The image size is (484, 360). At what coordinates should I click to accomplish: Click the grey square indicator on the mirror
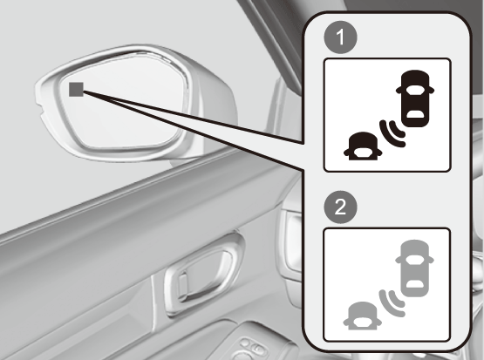(76, 90)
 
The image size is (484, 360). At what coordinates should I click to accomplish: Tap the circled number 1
(340, 37)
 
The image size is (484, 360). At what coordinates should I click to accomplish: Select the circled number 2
(340, 207)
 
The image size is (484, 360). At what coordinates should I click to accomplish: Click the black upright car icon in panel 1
(415, 98)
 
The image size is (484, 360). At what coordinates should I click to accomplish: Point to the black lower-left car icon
(363, 146)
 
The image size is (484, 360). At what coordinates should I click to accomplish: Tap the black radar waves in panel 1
(392, 133)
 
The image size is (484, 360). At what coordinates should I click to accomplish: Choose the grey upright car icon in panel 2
(414, 268)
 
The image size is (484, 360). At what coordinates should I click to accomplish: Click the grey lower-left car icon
(363, 316)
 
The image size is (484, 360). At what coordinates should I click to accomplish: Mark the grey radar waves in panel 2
(392, 303)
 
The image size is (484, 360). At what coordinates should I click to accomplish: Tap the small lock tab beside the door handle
(183, 283)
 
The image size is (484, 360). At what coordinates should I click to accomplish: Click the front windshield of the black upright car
(415, 90)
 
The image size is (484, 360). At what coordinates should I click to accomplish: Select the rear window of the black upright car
(415, 115)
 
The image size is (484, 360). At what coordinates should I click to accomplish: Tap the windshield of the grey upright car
(414, 260)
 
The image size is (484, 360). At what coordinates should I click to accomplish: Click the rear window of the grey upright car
(414, 284)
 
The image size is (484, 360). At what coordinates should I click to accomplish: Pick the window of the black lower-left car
(363, 152)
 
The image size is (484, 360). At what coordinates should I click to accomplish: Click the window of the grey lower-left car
(363, 322)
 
